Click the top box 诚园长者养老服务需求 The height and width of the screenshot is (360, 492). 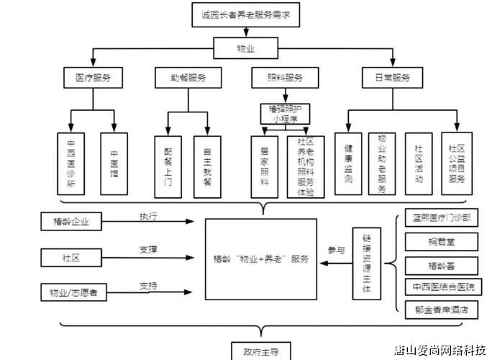tap(245, 14)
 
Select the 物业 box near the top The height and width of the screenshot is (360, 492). tap(246, 50)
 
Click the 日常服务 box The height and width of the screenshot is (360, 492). tap(392, 77)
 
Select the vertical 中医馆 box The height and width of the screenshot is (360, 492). tap(114, 163)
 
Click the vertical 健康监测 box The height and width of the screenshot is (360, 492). tap(348, 163)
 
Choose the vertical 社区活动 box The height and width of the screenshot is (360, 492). tap(419, 163)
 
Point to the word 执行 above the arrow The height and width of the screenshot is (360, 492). tap(148, 216)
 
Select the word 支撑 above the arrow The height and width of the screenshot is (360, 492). tap(148, 249)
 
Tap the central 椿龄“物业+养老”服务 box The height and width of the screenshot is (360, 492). tap(260, 259)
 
